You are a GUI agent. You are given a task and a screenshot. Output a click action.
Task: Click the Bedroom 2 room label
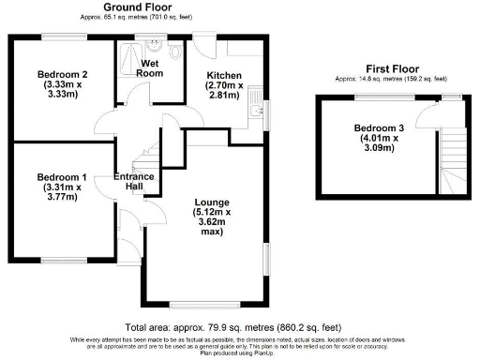pos(63,84)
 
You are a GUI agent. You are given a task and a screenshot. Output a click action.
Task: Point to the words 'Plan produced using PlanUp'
pos(240,354)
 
